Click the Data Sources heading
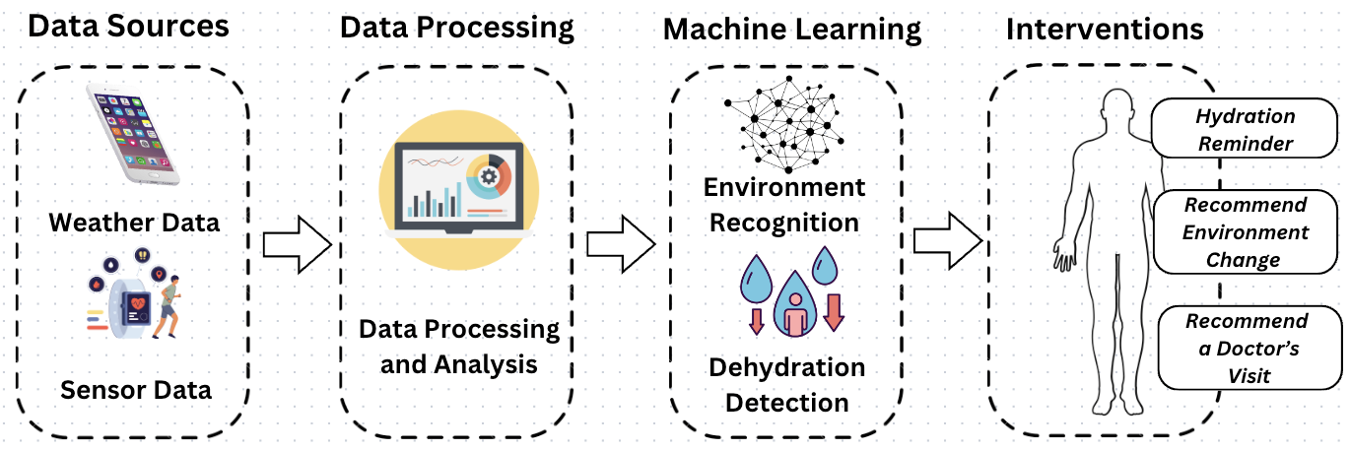point(128,26)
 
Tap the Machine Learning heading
point(792,29)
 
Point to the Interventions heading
point(1104,29)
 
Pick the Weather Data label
point(135,222)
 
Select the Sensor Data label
point(136,389)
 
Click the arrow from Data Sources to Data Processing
point(296,243)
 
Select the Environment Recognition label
point(785,205)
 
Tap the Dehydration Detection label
point(786,385)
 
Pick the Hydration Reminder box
point(1246,130)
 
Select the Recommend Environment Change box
point(1246,232)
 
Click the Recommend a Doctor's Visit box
point(1248,348)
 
